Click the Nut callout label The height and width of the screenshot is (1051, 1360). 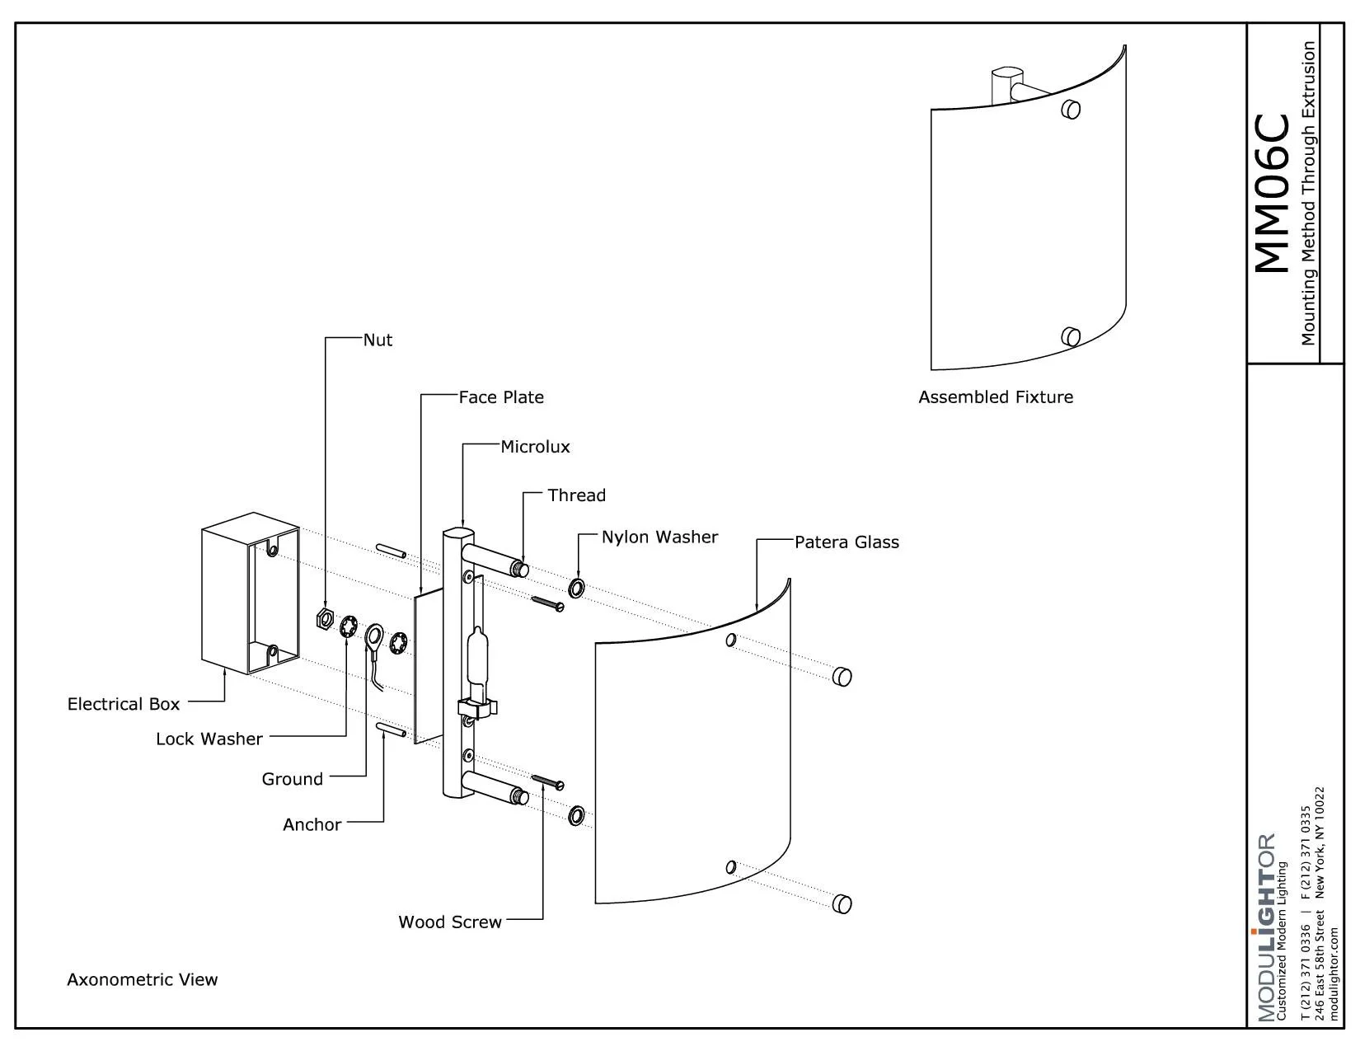coord(378,340)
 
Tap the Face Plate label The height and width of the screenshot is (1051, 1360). coord(501,397)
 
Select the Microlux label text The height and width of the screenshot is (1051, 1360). coord(535,447)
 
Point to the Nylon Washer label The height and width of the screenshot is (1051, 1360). coord(659,537)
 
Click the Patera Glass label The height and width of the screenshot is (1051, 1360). coord(846,542)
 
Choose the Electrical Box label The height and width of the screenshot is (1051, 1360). coord(124,704)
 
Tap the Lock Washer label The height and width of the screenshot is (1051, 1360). coord(209,739)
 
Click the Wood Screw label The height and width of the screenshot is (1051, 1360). coord(450,922)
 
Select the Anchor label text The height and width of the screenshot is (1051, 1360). coord(312,824)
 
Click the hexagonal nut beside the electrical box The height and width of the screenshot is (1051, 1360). coord(325,618)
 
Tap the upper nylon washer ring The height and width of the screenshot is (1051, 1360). coord(576,588)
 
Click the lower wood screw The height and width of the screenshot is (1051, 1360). coord(548,781)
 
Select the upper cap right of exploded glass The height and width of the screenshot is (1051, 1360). coord(842,677)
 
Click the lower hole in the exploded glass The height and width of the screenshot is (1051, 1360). coord(730,866)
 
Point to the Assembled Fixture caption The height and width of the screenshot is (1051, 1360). coord(996,397)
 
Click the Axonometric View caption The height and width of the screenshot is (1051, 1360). coord(142,979)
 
